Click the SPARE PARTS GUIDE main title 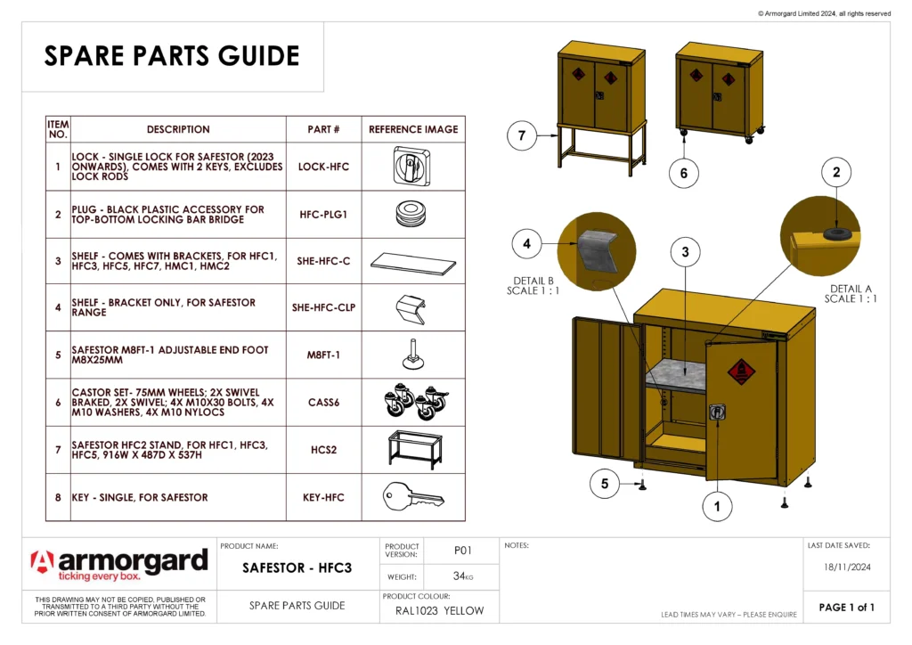[172, 56]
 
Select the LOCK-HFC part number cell [323, 167]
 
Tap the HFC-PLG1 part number [323, 214]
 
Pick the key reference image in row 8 [412, 497]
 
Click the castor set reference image [412, 402]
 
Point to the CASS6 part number [323, 403]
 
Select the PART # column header [323, 129]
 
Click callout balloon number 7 [522, 136]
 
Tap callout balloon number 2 [835, 173]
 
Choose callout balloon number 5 [605, 484]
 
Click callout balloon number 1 [716, 507]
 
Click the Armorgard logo [119, 564]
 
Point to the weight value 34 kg [462, 576]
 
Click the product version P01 [462, 551]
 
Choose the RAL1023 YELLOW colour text [439, 610]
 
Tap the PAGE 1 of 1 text [846, 608]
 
